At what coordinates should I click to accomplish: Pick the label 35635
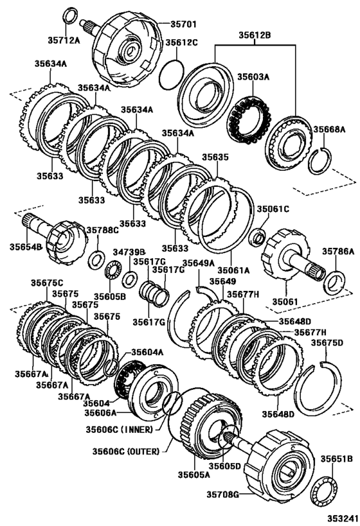coord(215,156)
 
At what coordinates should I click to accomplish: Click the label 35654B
coord(25,247)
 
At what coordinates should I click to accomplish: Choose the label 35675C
coord(48,283)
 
